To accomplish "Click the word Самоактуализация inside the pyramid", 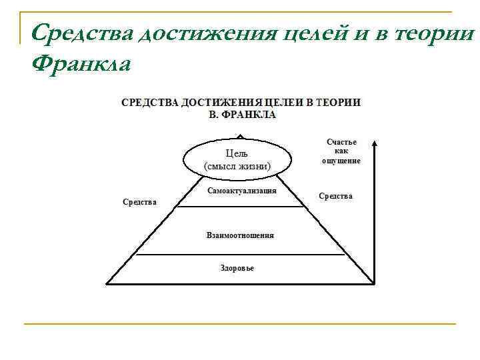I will tap(241, 190).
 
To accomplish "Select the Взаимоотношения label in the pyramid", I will tap(240, 235).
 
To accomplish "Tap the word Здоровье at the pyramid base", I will tap(237, 268).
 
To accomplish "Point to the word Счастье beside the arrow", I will tap(341, 142).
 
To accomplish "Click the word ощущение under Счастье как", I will tap(341, 161).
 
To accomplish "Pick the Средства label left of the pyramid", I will tap(139, 201).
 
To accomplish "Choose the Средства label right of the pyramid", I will tap(335, 196).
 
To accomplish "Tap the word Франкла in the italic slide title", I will tap(81, 65).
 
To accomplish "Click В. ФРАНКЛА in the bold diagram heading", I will tap(243, 114).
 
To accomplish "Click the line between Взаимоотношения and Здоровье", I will tap(240, 254).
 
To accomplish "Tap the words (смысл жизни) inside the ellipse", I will tap(237, 166).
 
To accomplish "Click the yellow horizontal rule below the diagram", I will tap(240, 324).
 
